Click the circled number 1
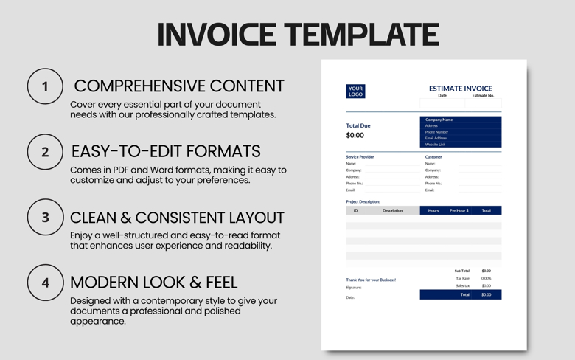tap(45, 86)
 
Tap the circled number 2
tap(45, 152)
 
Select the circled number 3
tap(45, 218)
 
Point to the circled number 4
tap(45, 283)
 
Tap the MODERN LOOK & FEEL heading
tap(153, 282)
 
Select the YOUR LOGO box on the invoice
tap(355, 91)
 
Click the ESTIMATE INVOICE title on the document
tap(460, 89)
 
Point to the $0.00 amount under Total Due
tap(355, 136)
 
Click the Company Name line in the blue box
tap(439, 120)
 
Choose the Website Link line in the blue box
tap(435, 145)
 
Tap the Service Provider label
tap(360, 157)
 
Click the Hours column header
tap(433, 210)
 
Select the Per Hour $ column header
tap(459, 210)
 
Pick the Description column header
tap(392, 210)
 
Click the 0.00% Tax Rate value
tap(486, 278)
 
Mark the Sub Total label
tap(461, 271)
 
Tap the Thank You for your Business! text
tap(371, 280)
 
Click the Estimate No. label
tap(483, 95)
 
